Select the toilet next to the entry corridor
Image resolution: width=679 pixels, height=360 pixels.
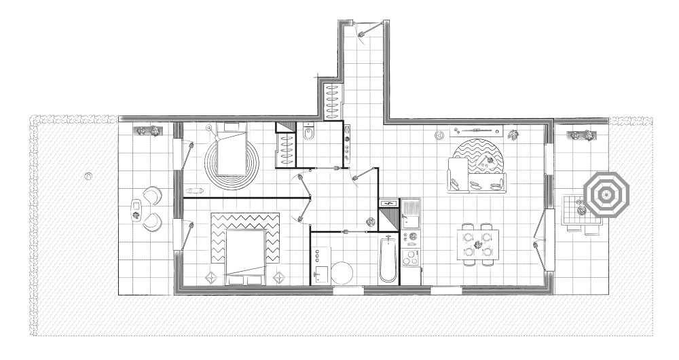[308, 134]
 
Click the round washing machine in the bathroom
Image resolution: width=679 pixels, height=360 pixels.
[342, 272]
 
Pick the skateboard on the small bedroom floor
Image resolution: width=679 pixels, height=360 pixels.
[197, 189]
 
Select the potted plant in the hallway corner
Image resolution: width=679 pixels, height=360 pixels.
[370, 221]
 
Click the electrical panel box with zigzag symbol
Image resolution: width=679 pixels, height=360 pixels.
[389, 203]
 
